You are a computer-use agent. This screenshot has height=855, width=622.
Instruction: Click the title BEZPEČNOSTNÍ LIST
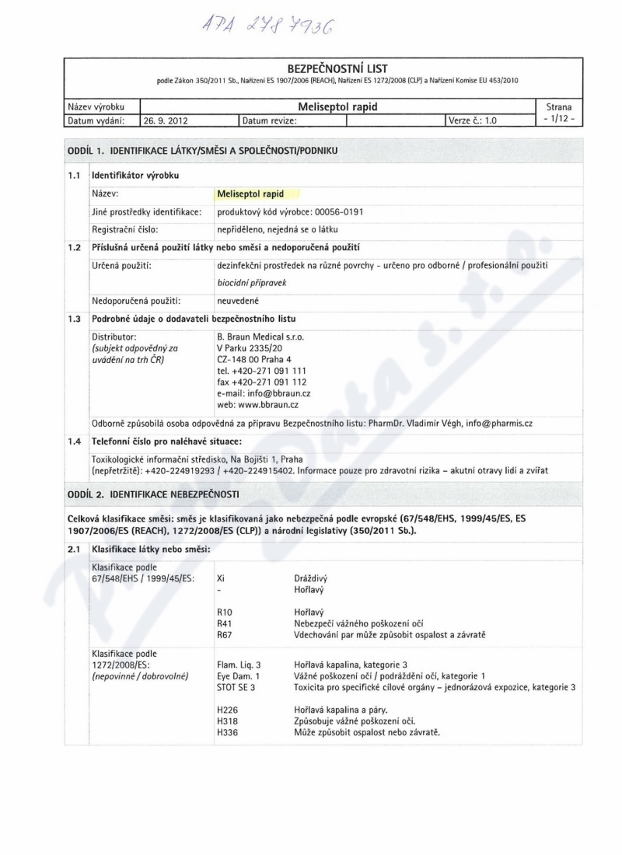click(x=338, y=68)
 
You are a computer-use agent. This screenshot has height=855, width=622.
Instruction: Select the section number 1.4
click(x=74, y=442)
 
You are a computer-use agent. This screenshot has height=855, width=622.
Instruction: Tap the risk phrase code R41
click(x=225, y=623)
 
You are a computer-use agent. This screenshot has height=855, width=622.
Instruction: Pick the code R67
click(x=225, y=635)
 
